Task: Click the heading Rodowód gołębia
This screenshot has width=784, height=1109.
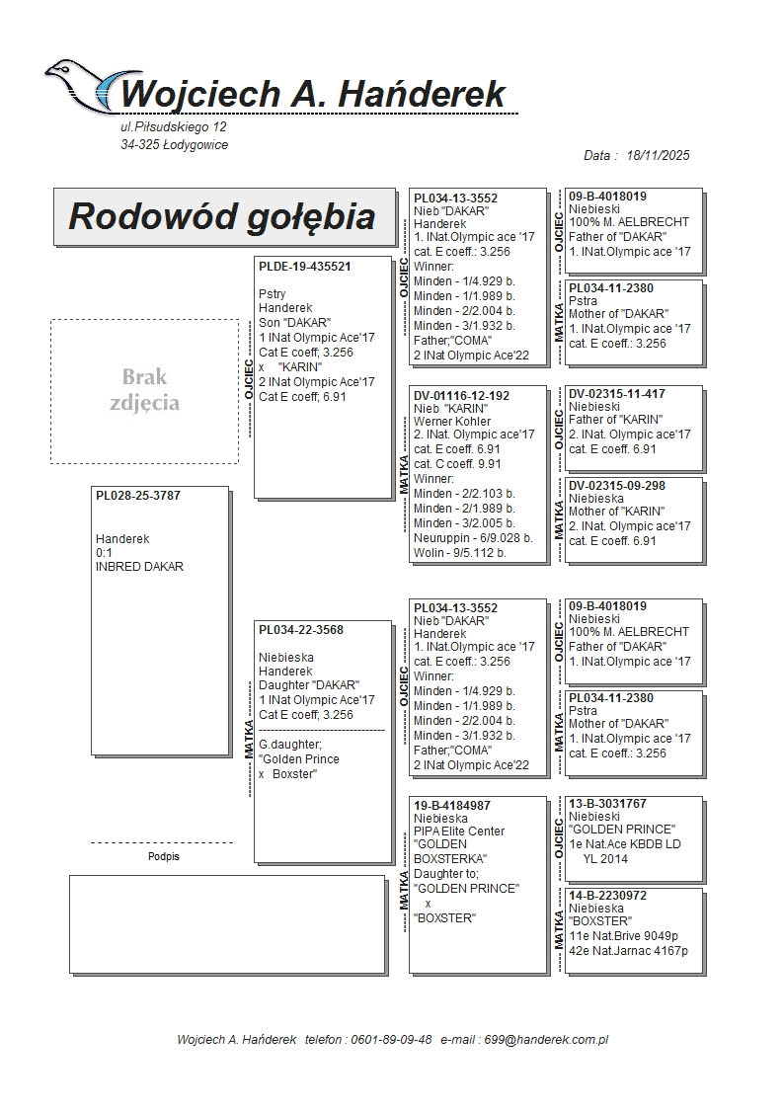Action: pyautogui.click(x=221, y=216)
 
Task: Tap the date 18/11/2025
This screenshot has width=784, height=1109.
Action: pyautogui.click(x=658, y=155)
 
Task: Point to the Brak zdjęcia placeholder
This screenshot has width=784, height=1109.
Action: pyautogui.click(x=145, y=390)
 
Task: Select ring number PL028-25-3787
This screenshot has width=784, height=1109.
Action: pyautogui.click(x=138, y=496)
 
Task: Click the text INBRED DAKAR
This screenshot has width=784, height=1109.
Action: pyautogui.click(x=139, y=567)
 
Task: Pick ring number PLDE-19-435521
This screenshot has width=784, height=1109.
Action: pyautogui.click(x=305, y=267)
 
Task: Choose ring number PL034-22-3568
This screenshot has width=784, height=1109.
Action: pyautogui.click(x=301, y=630)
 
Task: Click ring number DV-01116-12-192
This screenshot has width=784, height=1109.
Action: pyautogui.click(x=461, y=395)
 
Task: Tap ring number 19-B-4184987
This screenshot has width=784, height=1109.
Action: pyautogui.click(x=452, y=806)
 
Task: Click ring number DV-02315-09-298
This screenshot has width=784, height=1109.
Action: pyautogui.click(x=617, y=486)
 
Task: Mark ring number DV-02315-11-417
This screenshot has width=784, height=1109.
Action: pyautogui.click(x=617, y=394)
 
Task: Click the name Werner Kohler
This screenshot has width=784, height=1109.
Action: pyautogui.click(x=452, y=422)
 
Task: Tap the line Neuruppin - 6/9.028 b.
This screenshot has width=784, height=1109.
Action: pyautogui.click(x=473, y=538)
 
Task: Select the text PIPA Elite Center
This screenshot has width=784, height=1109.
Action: pyautogui.click(x=459, y=832)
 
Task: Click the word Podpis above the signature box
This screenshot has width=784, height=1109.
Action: pyautogui.click(x=163, y=857)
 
